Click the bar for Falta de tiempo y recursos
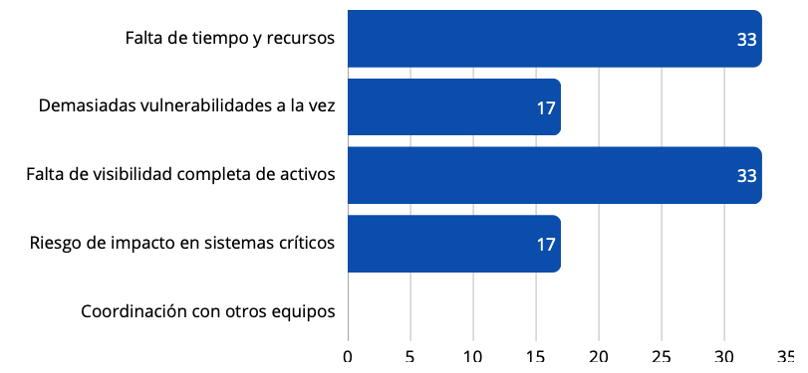(554, 39)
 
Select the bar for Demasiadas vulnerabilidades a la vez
(453, 107)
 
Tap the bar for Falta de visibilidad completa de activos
(554, 175)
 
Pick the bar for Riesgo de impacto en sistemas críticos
(453, 244)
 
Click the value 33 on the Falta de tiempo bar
(746, 40)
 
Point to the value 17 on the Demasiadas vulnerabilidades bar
(545, 108)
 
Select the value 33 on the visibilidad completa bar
(746, 176)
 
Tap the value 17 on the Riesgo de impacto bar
(545, 245)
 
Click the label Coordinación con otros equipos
(207, 311)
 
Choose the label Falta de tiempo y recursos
(229, 39)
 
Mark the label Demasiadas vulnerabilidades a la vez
(186, 106)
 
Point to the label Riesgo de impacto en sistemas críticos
(182, 243)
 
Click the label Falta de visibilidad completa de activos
(180, 175)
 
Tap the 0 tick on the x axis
(348, 357)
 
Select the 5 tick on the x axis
(410, 357)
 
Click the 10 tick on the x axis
(472, 357)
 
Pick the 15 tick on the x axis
(535, 357)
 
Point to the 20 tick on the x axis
(599, 357)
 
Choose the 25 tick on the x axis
(662, 357)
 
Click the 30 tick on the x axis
(724, 357)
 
